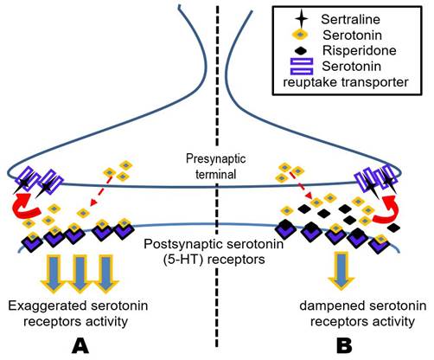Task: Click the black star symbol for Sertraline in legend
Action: (301, 20)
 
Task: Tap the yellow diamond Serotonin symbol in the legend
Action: (300, 35)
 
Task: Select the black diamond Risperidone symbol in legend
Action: (301, 51)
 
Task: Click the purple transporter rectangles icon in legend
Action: (302, 67)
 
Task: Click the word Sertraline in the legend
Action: (350, 19)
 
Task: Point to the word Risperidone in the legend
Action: (359, 50)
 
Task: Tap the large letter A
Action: (80, 345)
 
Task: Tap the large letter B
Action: (344, 345)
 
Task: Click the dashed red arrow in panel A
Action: (100, 190)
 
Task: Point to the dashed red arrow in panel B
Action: (302, 186)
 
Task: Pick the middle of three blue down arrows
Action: (80, 274)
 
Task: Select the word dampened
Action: (329, 305)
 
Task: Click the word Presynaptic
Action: (215, 159)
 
